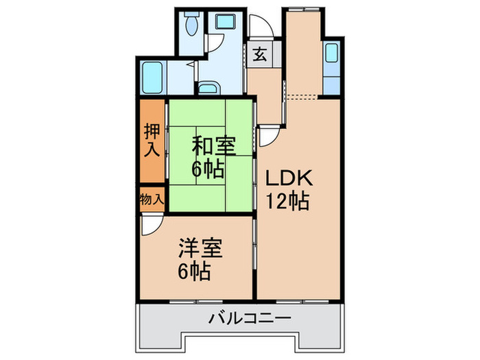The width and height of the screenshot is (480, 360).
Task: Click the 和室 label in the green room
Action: tap(213, 146)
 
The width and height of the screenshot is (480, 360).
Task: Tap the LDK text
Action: tap(289, 180)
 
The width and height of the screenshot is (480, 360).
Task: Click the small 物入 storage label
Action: tap(152, 200)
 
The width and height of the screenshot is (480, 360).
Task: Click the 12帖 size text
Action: tap(289, 202)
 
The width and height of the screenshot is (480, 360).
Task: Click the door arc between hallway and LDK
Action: tap(269, 136)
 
